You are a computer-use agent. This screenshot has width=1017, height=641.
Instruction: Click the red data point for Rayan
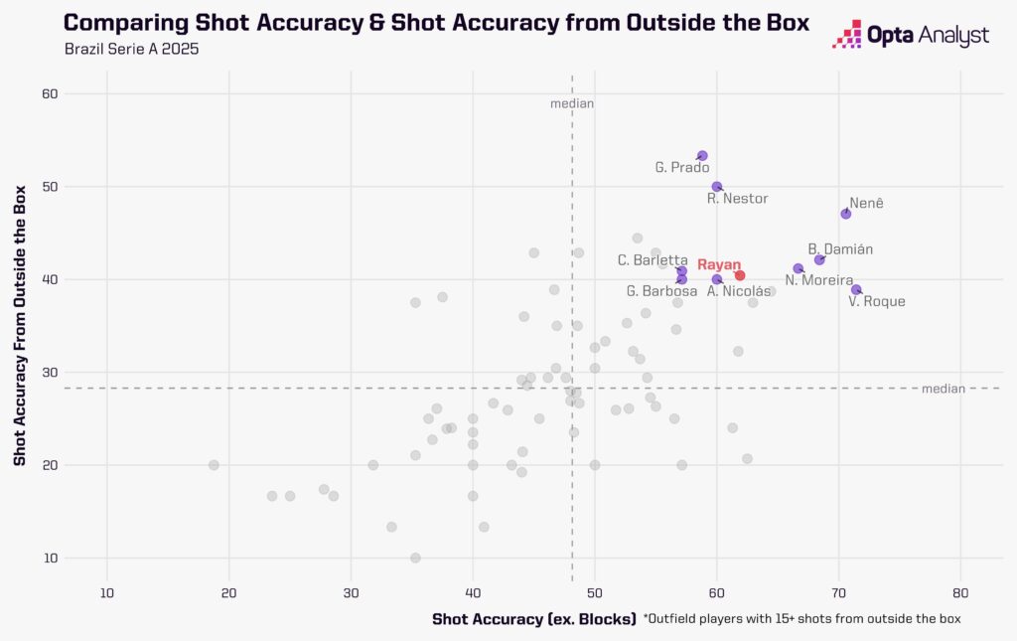(x=740, y=275)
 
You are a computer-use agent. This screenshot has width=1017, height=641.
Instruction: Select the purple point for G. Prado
(x=702, y=156)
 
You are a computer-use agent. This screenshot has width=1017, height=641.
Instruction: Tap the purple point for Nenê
(x=846, y=214)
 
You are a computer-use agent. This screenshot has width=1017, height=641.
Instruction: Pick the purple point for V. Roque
(x=856, y=289)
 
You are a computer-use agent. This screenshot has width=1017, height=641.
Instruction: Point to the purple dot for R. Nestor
(x=717, y=187)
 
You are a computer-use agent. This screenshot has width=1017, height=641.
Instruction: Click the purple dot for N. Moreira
(x=799, y=268)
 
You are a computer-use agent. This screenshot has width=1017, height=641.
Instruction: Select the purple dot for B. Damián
(x=819, y=259)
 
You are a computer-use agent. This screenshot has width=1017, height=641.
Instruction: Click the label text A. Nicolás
(x=739, y=291)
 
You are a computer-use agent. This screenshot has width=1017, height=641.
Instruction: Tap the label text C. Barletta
(x=653, y=260)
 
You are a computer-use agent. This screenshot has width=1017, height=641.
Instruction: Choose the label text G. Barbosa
(x=661, y=291)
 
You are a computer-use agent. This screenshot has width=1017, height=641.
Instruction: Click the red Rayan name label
(x=719, y=264)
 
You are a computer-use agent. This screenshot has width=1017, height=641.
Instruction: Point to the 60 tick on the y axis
(x=50, y=94)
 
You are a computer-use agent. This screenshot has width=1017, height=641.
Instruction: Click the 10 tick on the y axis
(x=50, y=558)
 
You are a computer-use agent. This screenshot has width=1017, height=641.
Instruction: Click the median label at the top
(x=572, y=103)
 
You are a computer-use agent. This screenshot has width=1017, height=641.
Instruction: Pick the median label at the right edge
(x=944, y=389)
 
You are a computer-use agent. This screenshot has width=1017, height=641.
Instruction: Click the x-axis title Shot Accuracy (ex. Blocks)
(x=533, y=619)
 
